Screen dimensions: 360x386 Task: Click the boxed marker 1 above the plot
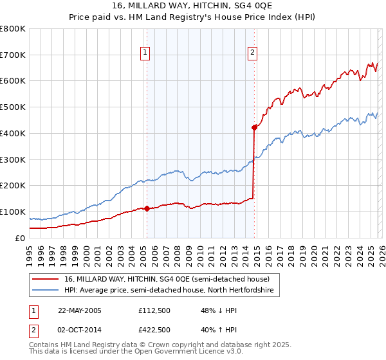pyautogui.click(x=146, y=53)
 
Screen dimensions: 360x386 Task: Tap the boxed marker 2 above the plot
pyautogui.click(x=253, y=53)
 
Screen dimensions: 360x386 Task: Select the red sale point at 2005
pyautogui.click(x=147, y=208)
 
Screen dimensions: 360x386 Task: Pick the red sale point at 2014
pyautogui.click(x=255, y=127)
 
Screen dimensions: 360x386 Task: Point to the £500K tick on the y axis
pyautogui.click(x=13, y=107)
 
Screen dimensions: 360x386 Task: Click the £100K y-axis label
pyautogui.click(x=13, y=212)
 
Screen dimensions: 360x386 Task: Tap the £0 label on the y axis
pyautogui.click(x=20, y=238)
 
